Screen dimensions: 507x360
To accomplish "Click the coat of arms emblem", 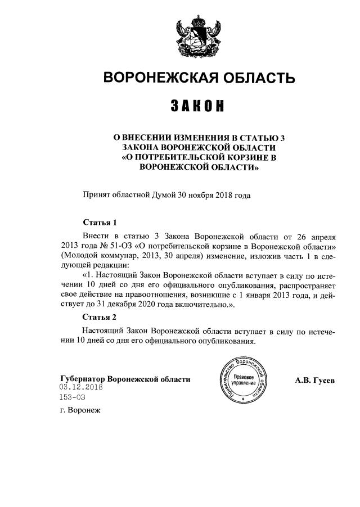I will (x=200, y=37).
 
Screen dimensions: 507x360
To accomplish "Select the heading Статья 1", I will (x=99, y=222).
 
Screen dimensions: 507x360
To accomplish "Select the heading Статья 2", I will (x=99, y=318).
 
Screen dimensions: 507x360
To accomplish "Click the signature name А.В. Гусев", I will (x=315, y=381).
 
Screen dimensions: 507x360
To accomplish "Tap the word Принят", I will (x=96, y=195).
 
